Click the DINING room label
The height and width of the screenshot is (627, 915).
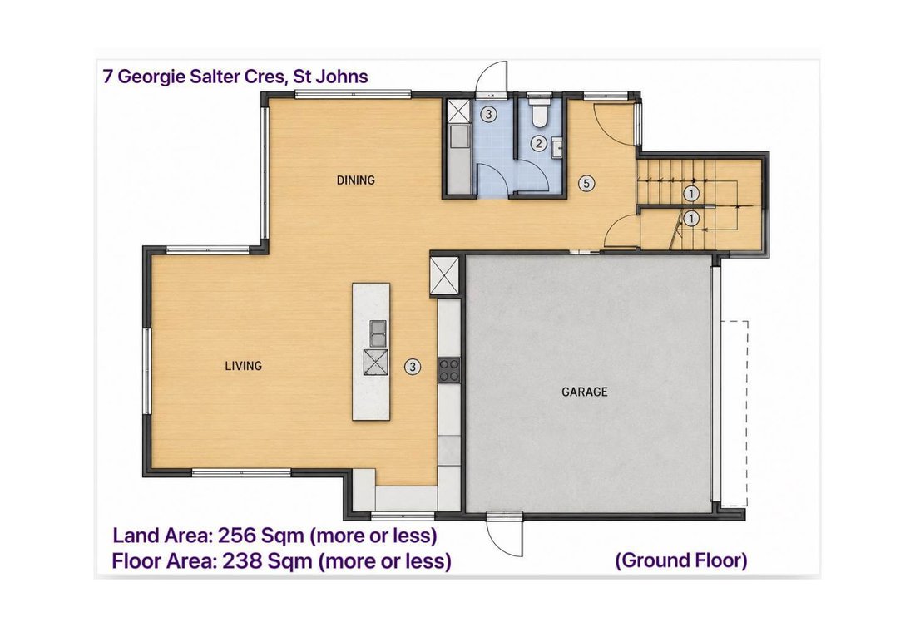[355, 180]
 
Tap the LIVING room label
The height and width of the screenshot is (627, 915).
[244, 366]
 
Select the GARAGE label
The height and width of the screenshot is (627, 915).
[584, 392]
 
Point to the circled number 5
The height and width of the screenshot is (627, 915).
[586, 184]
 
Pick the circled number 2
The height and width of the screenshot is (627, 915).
[539, 143]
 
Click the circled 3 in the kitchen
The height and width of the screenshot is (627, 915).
[413, 367]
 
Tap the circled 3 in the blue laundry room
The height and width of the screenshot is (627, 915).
[489, 114]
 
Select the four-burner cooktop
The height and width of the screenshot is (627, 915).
[448, 370]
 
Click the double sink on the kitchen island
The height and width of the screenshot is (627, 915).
[378, 333]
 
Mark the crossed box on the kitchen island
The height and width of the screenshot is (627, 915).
[376, 363]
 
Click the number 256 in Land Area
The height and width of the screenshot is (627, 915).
[235, 535]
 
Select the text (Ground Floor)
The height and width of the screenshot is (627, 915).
[681, 560]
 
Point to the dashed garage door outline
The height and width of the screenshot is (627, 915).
[734, 413]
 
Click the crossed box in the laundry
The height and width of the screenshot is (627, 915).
[458, 111]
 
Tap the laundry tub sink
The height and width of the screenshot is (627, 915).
[460, 139]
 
